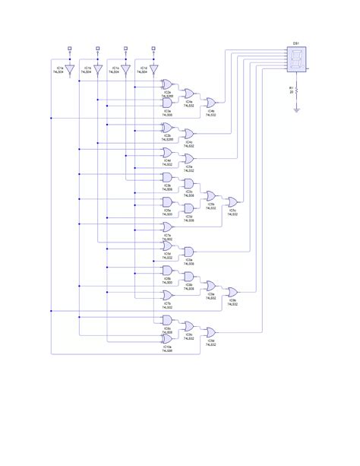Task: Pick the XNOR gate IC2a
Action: coord(168,86)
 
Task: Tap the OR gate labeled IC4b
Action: coord(210,103)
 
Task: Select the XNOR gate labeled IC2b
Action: coord(168,127)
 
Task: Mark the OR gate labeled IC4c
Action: coord(188,135)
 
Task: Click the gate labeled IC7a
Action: coord(168,227)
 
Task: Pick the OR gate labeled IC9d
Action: coord(210,332)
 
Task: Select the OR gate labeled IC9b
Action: coord(233,291)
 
